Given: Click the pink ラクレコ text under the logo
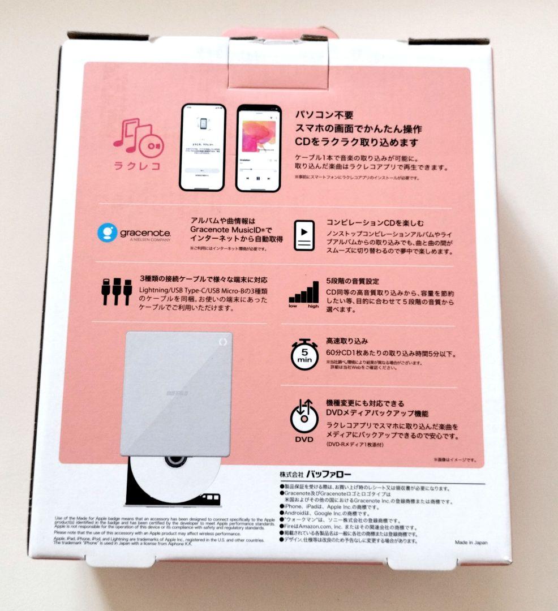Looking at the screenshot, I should [136, 166].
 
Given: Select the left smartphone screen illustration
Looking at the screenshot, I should [202, 147].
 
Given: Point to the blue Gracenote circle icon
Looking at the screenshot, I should [108, 233].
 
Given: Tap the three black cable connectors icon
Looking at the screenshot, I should [113, 291].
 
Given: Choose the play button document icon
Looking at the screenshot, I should [304, 235].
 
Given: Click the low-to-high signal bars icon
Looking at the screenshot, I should [304, 293].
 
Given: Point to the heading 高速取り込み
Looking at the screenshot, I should [346, 341].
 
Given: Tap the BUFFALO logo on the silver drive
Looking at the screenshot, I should [178, 393].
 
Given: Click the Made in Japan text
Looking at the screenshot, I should [471, 542].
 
